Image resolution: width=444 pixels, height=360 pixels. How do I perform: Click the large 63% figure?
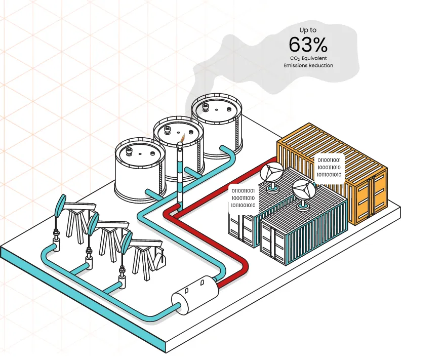pyautogui.click(x=308, y=45)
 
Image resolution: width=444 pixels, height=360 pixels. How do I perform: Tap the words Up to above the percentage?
pyautogui.click(x=308, y=30)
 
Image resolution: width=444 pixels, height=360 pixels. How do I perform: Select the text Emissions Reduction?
pyautogui.click(x=308, y=65)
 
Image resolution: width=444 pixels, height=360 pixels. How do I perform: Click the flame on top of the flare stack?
pyautogui.click(x=183, y=138)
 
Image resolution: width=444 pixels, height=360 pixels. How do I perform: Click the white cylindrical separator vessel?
pyautogui.click(x=195, y=295)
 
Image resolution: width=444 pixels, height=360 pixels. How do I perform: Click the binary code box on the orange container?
pyautogui.click(x=329, y=168)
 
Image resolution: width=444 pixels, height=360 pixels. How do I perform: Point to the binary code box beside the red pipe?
pyautogui.click(x=243, y=198)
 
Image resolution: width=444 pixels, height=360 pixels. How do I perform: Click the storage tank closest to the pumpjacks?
pyautogui.click(x=140, y=170)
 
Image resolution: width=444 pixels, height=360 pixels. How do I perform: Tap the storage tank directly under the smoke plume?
pyautogui.click(x=217, y=125)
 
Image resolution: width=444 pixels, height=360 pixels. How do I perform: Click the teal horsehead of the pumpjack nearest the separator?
pyautogui.click(x=127, y=243)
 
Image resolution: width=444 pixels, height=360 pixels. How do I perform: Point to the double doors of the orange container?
pyautogui.click(x=371, y=198)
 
